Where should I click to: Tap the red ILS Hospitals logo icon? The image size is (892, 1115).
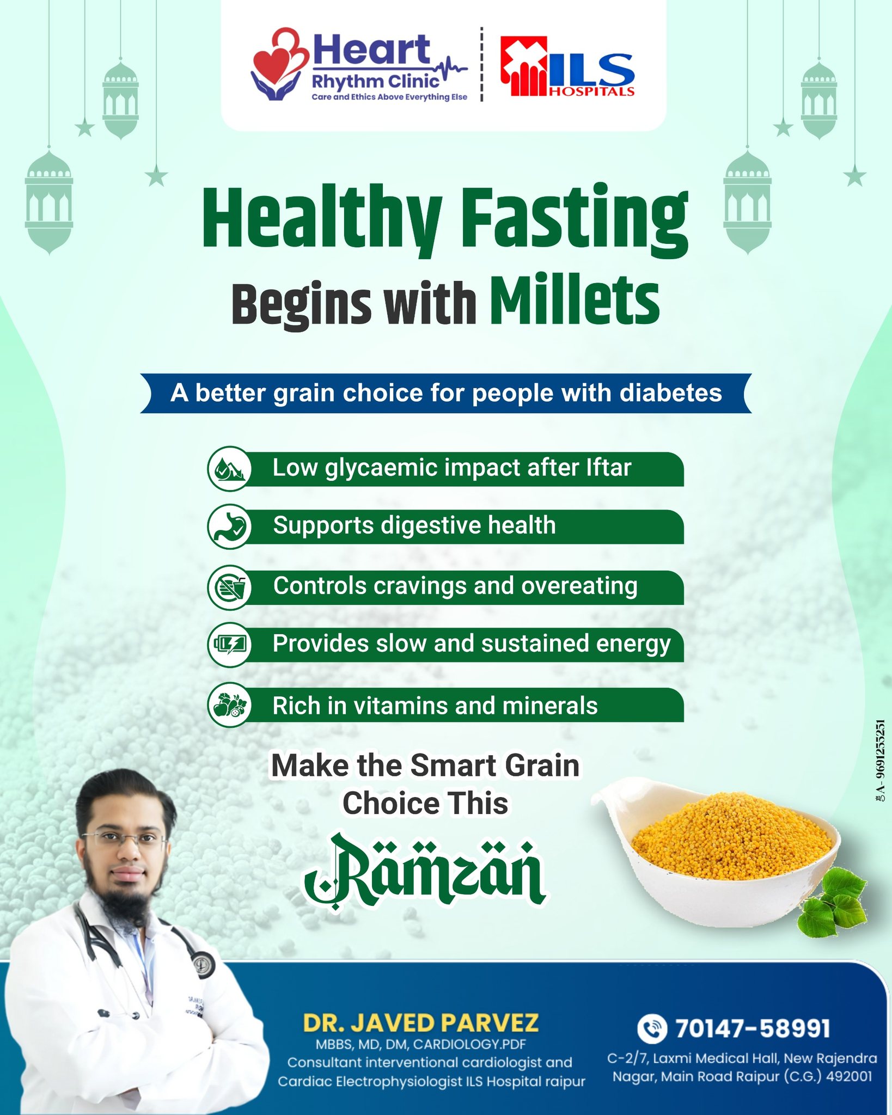(524, 66)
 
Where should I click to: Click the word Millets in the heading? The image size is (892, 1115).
(575, 301)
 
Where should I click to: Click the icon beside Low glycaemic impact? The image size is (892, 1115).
(229, 468)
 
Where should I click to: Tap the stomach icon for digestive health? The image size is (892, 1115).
(229, 526)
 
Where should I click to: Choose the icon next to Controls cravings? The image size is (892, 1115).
(229, 587)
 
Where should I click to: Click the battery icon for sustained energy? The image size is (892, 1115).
(229, 645)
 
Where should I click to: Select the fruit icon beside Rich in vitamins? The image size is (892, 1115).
(229, 705)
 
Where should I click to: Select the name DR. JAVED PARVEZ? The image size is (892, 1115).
(421, 1023)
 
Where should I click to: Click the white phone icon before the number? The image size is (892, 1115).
(652, 1028)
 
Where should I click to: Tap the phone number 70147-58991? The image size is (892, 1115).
(753, 1028)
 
